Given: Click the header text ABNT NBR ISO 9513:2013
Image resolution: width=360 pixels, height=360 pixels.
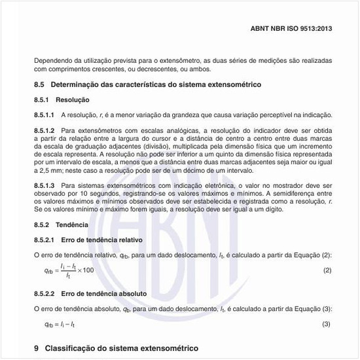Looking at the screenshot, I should pyautogui.click(x=291, y=29).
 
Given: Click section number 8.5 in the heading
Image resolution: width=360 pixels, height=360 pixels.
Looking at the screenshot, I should pyautogui.click(x=39, y=85).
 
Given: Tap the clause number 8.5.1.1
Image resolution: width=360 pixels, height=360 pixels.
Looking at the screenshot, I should pyautogui.click(x=44, y=115).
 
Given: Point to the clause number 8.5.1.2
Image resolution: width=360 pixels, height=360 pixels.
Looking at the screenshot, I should pyautogui.click(x=44, y=130).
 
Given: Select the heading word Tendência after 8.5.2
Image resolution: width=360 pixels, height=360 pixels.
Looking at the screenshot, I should pyautogui.click(x=73, y=225).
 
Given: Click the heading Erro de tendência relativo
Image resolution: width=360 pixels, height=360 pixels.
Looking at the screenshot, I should pyautogui.click(x=102, y=240).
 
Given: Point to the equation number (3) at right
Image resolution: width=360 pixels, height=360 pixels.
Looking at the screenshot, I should pyautogui.click(x=327, y=324).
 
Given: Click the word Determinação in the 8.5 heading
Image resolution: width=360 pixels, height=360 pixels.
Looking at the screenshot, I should pyautogui.click(x=77, y=85).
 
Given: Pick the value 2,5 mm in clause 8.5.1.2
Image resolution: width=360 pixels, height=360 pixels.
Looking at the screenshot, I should pyautogui.click(x=46, y=168).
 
